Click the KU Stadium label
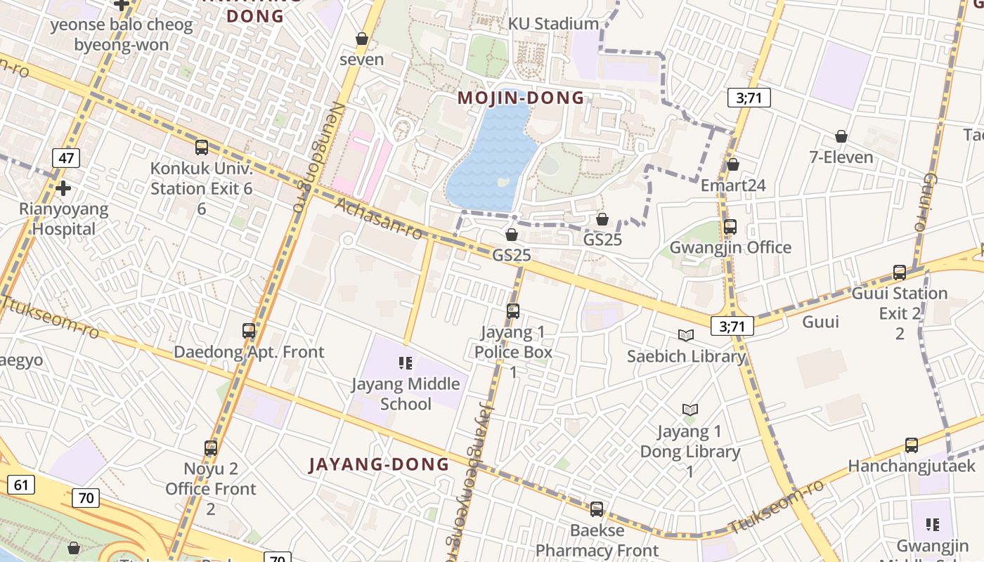click(553, 24)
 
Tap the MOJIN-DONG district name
click(521, 98)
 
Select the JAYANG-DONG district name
click(379, 464)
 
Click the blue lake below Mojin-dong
click(493, 155)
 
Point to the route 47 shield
click(66, 158)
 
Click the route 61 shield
click(21, 484)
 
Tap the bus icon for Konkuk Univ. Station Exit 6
click(202, 148)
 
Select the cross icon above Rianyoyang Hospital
click(63, 188)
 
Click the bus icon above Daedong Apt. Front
click(249, 330)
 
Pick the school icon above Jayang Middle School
click(406, 362)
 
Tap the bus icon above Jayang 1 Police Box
click(513, 311)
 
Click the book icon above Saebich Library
click(686, 336)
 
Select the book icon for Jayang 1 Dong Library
click(690, 410)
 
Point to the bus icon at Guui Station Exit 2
click(900, 273)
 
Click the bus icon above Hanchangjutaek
click(912, 445)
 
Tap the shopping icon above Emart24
click(733, 164)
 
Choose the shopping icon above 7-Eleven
click(841, 136)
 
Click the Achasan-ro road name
click(380, 218)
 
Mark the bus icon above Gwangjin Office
click(730, 227)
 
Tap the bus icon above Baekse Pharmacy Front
click(597, 509)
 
